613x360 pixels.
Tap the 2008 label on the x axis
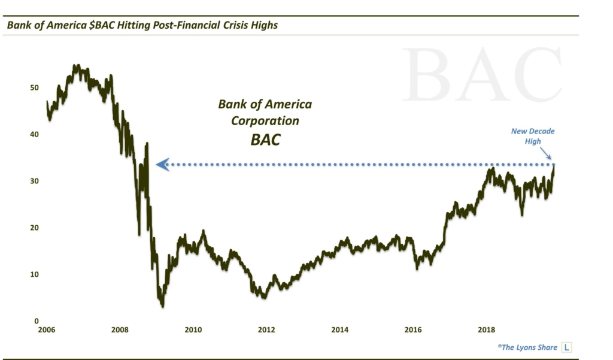coord(120,329)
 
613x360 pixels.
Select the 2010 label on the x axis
coord(193,329)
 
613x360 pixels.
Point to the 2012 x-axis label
coord(266,329)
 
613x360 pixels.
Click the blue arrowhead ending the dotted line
coord(161,164)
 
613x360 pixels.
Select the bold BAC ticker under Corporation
coord(265,141)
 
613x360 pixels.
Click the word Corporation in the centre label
coord(265,120)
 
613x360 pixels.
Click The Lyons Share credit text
coord(526,347)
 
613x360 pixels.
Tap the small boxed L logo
coord(566,347)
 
